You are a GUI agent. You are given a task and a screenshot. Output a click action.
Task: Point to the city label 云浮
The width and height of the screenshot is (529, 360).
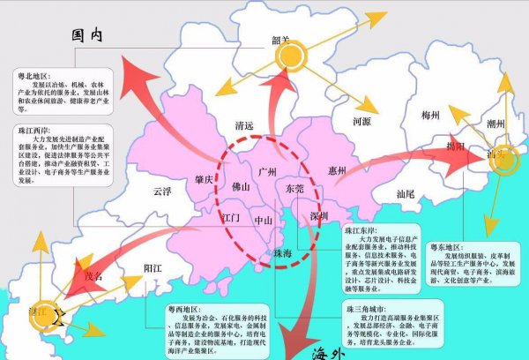(x=161, y=190)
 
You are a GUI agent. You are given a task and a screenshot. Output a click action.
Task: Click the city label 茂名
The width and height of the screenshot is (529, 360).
(x=93, y=274)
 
